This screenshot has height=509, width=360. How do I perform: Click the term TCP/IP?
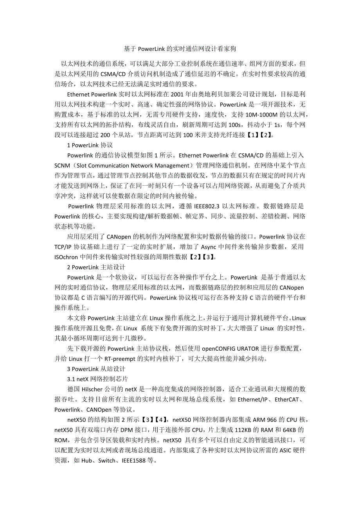coord(64,247)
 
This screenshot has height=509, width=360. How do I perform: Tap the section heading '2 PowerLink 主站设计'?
coord(96,267)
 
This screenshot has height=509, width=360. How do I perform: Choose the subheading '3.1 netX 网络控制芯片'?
coord(97,379)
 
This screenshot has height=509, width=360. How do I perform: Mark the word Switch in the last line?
coord(107,460)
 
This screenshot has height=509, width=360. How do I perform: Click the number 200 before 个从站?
coord(106,135)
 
